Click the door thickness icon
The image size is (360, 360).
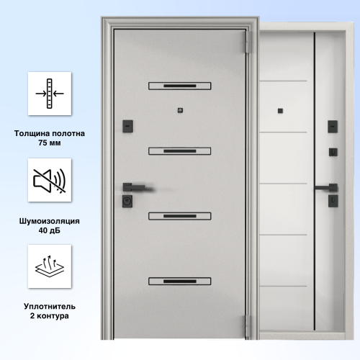coord(50,94)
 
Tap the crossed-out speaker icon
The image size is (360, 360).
coord(50,181)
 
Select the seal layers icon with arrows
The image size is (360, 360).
coord(50,266)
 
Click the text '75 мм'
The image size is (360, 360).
coord(50,143)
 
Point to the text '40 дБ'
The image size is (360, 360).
coord(50,230)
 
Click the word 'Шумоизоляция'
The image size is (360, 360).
coord(50,221)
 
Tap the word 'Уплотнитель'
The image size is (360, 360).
coord(50,307)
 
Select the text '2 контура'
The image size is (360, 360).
coord(50,316)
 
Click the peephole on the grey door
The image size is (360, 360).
coord(180,110)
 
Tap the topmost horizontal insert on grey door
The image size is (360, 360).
coord(180,86)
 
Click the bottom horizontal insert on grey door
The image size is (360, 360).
coord(180,281)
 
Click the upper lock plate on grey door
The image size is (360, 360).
coord(127,126)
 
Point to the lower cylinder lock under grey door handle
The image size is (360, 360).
coord(127,201)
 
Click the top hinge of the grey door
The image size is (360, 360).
coord(248,42)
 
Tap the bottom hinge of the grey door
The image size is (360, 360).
coord(248,326)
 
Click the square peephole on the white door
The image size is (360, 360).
coord(280,111)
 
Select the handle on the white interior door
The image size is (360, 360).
coord(326,188)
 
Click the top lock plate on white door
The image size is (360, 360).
coord(333,127)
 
